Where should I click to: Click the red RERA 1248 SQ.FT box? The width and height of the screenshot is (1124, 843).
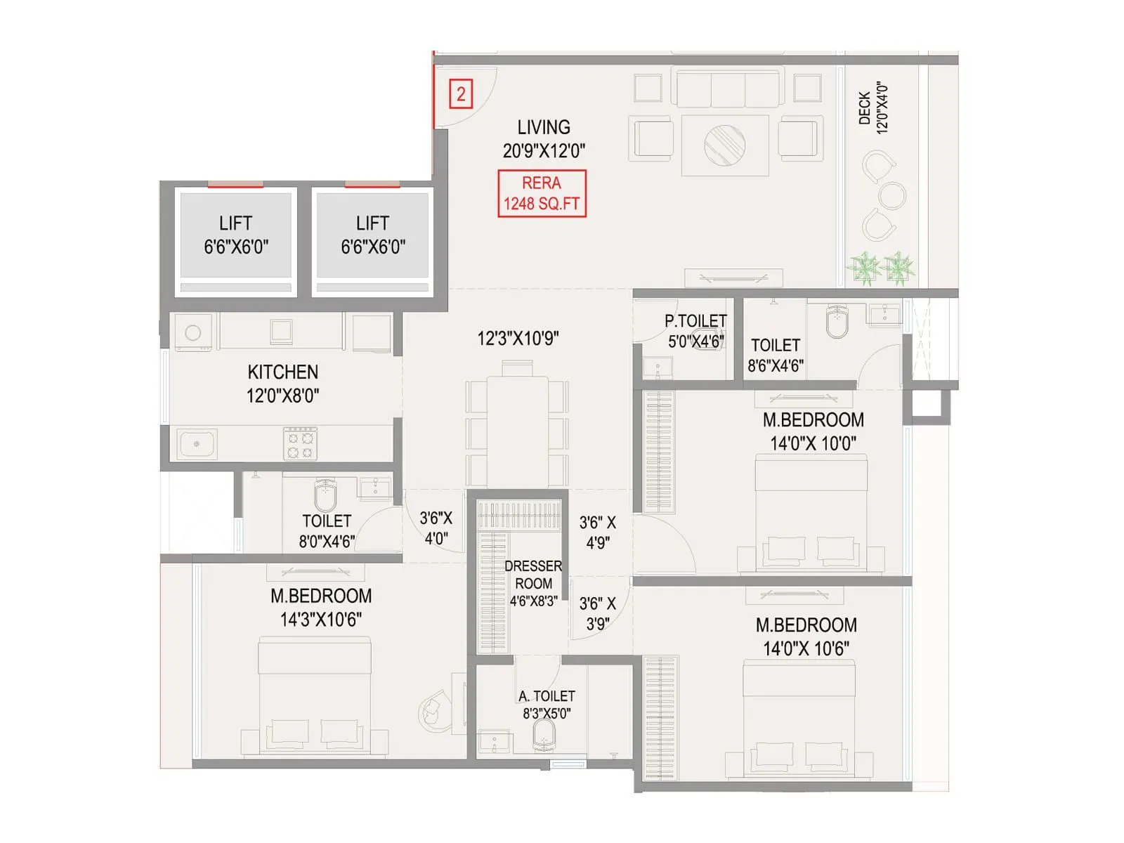coord(542,193)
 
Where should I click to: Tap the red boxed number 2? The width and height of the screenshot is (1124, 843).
coord(461,94)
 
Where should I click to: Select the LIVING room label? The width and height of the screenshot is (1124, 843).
coord(544,128)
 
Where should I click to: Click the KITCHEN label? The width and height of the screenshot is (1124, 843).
coord(282,372)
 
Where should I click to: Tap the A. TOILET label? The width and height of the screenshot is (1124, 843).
coord(547,696)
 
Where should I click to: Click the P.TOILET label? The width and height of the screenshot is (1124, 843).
coord(695,321)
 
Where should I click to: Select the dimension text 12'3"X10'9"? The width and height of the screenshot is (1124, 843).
coord(518,339)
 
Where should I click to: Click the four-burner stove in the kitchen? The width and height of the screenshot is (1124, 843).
coord(301,444)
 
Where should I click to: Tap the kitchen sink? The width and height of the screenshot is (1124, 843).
coord(196,444)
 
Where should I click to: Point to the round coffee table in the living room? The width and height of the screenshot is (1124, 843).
coord(725,145)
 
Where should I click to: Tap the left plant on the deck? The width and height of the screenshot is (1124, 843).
coord(863,268)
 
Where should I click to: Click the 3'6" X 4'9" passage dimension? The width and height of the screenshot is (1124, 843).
coord(597,532)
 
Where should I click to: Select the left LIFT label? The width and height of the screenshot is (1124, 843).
coord(235,223)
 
